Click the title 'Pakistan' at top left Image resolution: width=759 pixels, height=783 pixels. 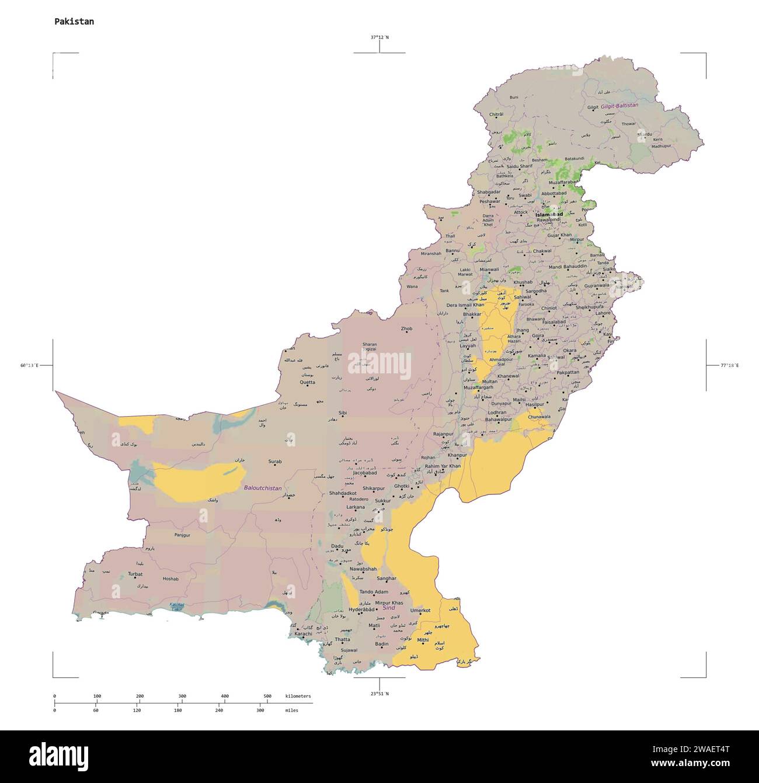coord(74,22)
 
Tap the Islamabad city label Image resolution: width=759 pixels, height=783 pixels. coord(549,214)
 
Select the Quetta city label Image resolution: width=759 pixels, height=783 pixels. coord(307,382)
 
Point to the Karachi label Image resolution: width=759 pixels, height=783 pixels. coord(303,633)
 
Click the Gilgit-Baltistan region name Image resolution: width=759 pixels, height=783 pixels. coord(619,106)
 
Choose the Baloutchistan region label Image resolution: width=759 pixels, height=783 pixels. coord(263,488)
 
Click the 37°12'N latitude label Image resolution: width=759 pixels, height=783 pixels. coord(379,37)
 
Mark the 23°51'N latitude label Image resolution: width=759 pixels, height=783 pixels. coord(379,694)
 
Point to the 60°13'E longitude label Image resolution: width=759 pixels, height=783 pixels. coord(29,365)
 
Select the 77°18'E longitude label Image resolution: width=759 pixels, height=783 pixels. coord(729,365)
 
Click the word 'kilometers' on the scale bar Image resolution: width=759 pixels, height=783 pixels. coord(298,696)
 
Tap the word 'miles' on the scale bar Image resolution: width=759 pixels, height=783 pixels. coord(292,711)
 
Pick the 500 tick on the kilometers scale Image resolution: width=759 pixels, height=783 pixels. coord(267,696)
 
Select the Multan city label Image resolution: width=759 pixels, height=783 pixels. coord(490,381)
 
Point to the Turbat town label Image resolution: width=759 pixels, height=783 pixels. coord(135,574)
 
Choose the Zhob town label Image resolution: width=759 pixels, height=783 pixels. coord(406,328)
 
